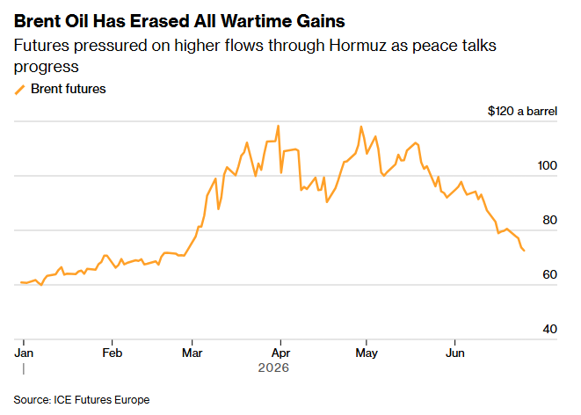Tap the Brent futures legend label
click(69, 89)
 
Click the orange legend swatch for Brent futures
click(19, 90)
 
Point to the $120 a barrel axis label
click(522, 111)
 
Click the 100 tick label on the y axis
click(548, 165)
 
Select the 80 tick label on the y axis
click(550, 220)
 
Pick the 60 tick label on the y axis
click(550, 274)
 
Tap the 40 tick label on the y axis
click(550, 329)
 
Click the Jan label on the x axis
click(24, 353)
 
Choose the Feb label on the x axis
click(112, 353)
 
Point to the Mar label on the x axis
click(192, 353)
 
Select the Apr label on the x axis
click(280, 353)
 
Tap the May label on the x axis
click(367, 353)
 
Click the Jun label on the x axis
click(455, 353)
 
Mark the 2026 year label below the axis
click(273, 368)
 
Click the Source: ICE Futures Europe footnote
click(82, 400)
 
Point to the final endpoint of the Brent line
click(524, 251)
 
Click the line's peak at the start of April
click(279, 126)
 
